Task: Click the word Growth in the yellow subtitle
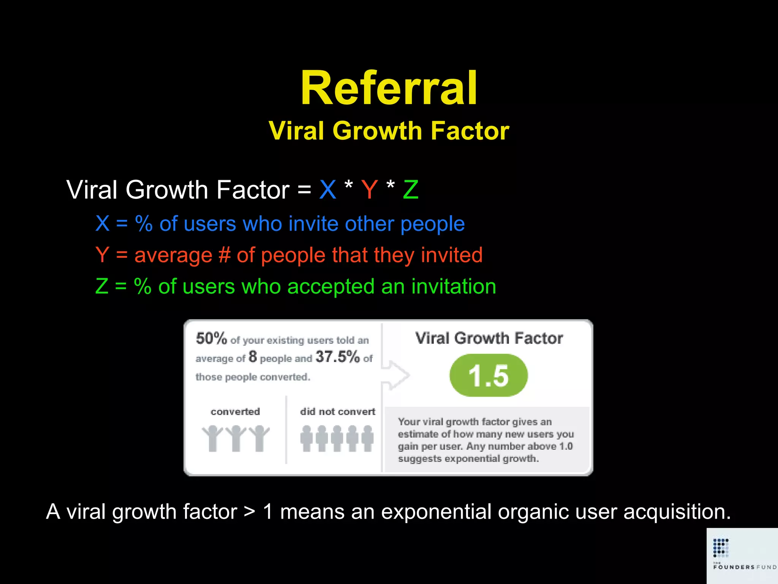coord(377,131)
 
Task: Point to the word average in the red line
coord(173,255)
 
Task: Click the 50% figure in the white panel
coord(211,338)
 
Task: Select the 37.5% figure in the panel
coord(337,357)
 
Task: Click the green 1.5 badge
coord(489,376)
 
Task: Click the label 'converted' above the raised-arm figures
coord(235,412)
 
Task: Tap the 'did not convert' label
coord(337,412)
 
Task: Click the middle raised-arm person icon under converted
coord(236,438)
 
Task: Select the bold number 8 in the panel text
coord(253,357)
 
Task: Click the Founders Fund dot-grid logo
coord(721,547)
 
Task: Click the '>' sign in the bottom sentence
coord(250,512)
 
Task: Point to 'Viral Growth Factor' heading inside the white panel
coord(489,338)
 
